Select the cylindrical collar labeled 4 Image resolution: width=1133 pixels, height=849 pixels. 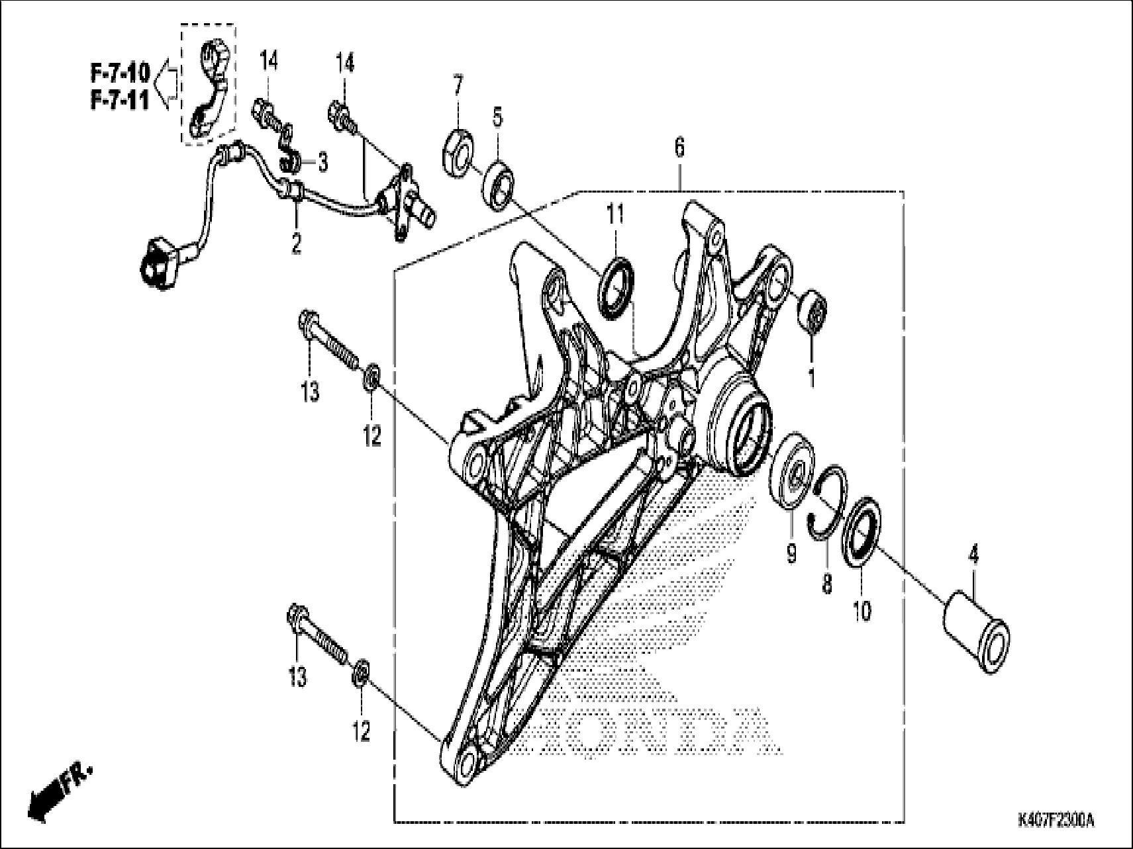(975, 633)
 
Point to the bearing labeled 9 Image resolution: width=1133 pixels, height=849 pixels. (793, 470)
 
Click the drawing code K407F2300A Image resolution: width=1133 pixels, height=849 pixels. (1056, 821)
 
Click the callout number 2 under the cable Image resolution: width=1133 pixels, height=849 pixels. (296, 243)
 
